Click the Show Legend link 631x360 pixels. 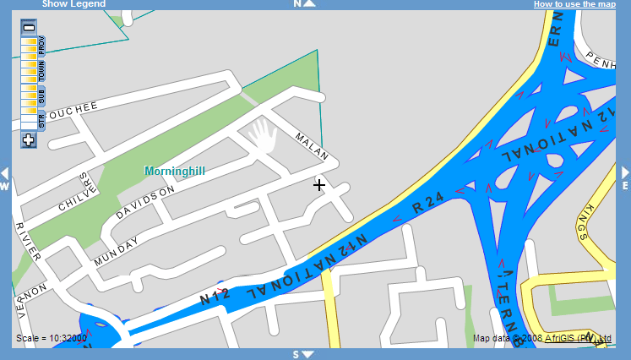[73, 4]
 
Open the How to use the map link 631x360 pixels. [574, 4]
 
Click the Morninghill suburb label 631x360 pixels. [175, 171]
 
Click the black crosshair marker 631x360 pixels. [319, 184]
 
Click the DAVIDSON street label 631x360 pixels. [145, 202]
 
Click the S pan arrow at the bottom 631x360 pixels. [302, 355]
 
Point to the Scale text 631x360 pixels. [52, 340]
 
